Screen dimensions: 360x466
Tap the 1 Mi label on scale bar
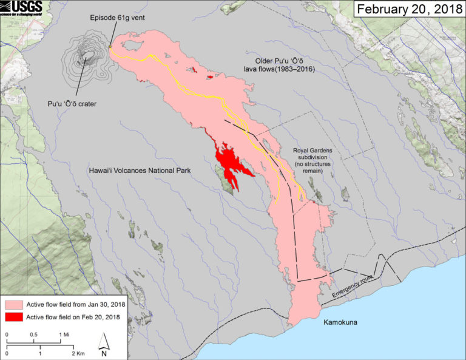[x=63, y=335]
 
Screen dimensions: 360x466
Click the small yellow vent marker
[x=110, y=46]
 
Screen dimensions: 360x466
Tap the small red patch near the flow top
[x=209, y=77]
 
